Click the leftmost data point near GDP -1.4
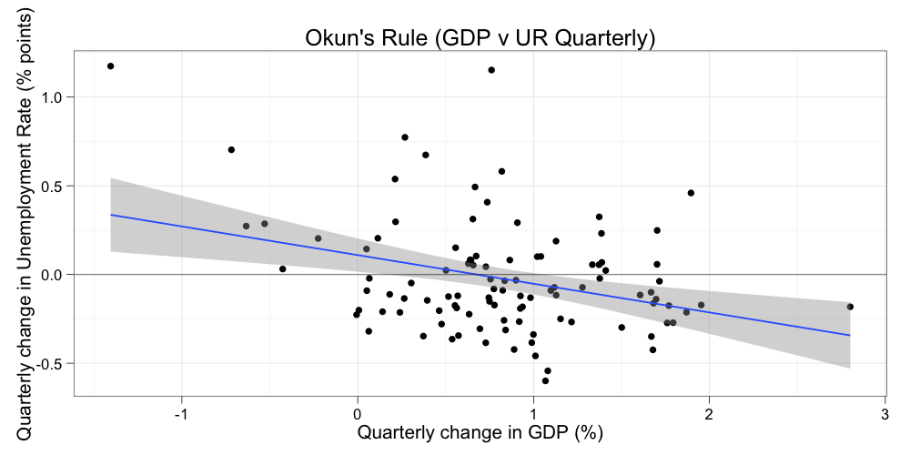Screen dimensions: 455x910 pos(110,66)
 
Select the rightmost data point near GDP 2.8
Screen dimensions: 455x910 pos(850,307)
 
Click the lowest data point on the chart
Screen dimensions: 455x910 pos(545,380)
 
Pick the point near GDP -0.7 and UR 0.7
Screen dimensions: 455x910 pos(231,150)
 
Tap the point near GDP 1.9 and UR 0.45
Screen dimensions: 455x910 pos(691,193)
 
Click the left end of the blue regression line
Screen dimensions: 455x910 pos(111,215)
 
